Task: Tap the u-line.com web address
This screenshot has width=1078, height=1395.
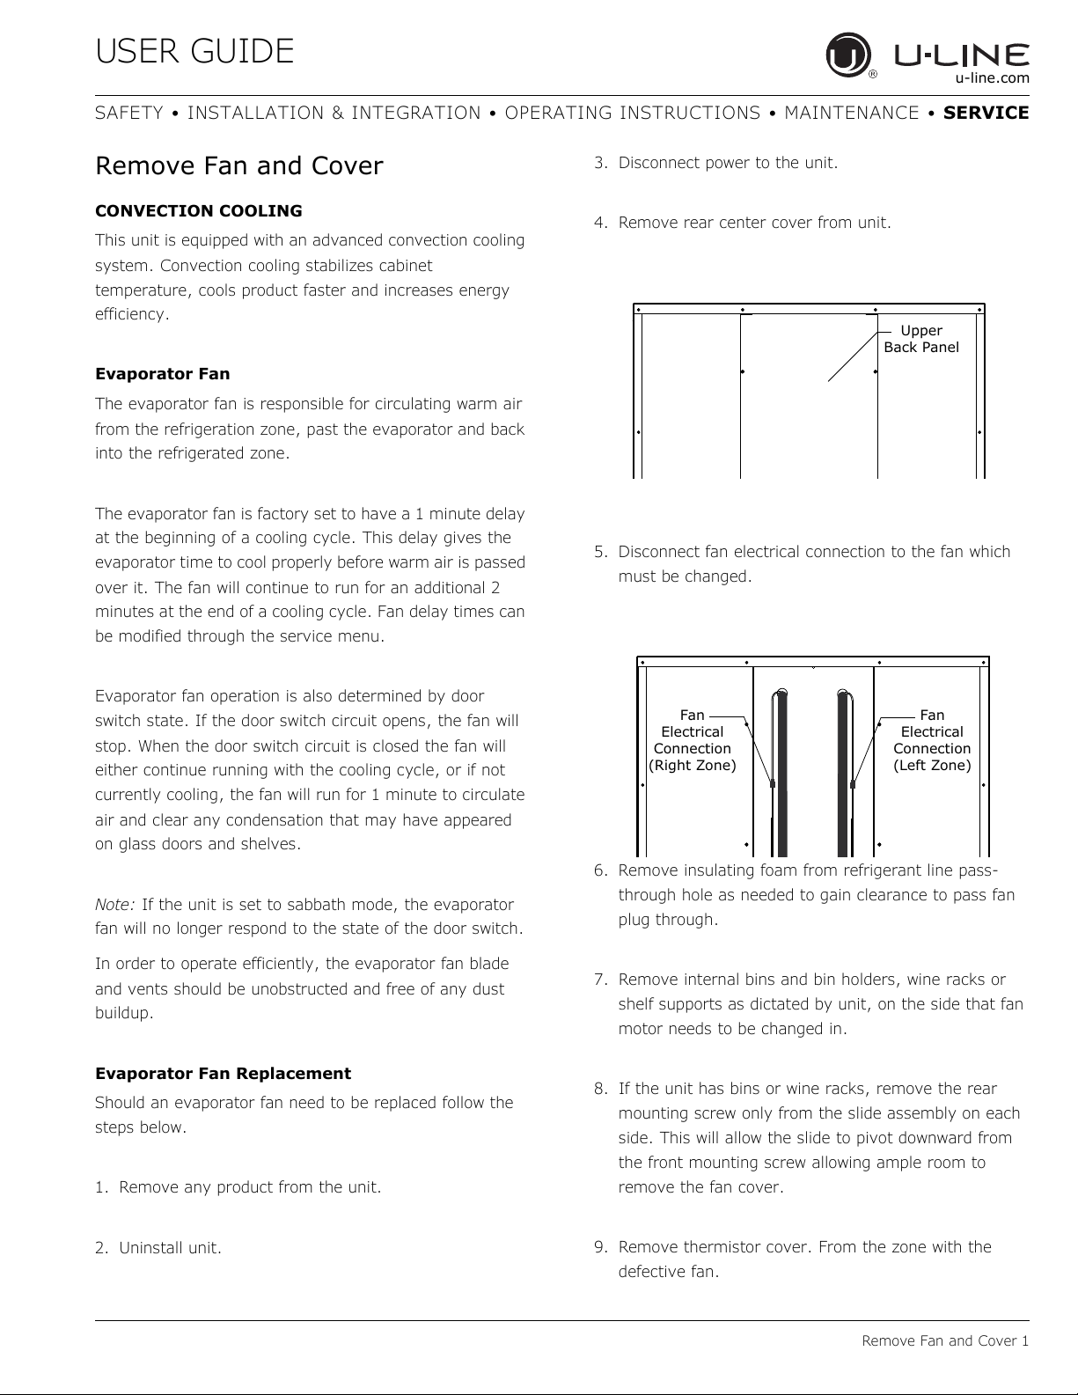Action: (x=992, y=78)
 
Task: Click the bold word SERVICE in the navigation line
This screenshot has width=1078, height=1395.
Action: (x=986, y=113)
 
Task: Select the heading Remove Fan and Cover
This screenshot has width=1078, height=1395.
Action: (x=238, y=166)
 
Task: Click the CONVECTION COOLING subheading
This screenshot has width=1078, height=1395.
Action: (x=198, y=211)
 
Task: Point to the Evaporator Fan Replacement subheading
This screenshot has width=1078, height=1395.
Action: (x=223, y=1074)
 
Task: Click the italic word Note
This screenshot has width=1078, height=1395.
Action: (x=114, y=905)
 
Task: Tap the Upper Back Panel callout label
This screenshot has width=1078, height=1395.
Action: (x=921, y=339)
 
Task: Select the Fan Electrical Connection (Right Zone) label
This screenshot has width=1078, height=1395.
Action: (x=693, y=740)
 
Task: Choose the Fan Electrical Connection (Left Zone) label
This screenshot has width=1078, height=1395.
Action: (x=932, y=740)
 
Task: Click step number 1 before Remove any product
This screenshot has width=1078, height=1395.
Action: (x=100, y=1187)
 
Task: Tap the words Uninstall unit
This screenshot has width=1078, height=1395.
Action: (x=170, y=1248)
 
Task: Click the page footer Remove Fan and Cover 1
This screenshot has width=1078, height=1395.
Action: (x=944, y=1341)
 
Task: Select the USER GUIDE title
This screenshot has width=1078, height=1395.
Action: (x=194, y=51)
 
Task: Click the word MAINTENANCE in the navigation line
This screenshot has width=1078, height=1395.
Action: (x=851, y=113)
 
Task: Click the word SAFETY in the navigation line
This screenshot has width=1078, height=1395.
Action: (x=128, y=113)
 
